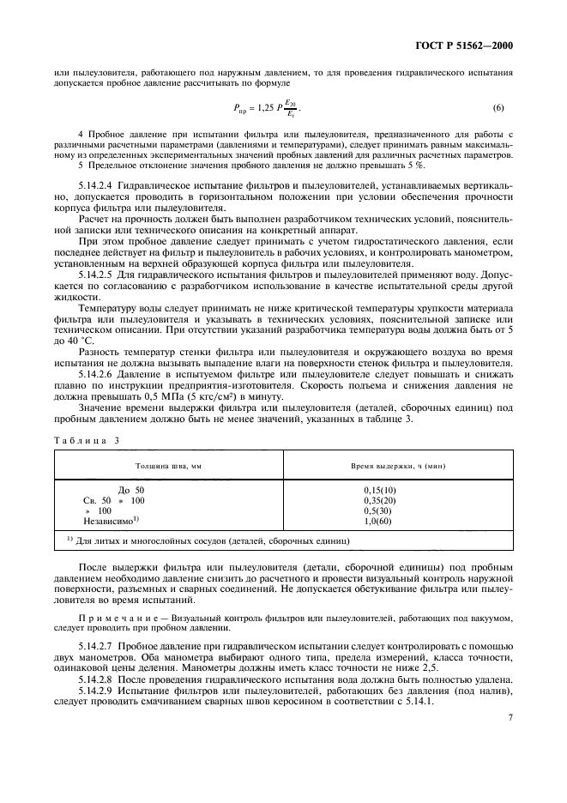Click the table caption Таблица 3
pos(85,439)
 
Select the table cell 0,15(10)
pos(380,490)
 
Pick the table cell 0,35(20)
pos(380,500)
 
